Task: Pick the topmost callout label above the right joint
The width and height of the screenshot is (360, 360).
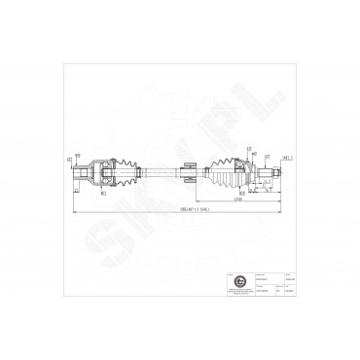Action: [x=249, y=148]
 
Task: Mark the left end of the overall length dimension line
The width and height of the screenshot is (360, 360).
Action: [x=73, y=207]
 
